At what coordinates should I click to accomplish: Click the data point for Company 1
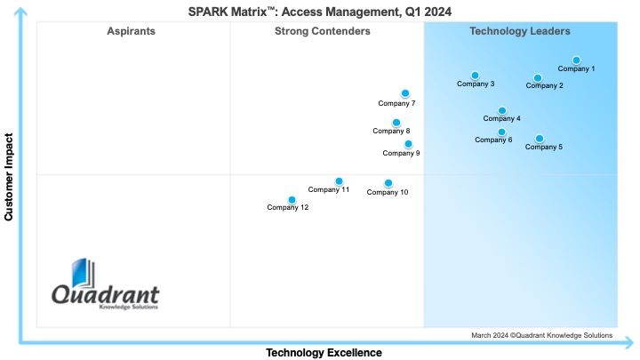point(576,60)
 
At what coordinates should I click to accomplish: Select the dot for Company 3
point(475,76)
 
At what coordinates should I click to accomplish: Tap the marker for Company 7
point(405,93)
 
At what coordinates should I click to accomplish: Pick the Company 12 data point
point(292,200)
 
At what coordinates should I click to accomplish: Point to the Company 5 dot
point(540,139)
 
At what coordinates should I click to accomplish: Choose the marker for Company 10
point(388,183)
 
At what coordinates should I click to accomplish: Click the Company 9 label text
point(401,154)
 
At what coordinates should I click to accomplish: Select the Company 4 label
point(501,118)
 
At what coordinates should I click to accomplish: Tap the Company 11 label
point(329,189)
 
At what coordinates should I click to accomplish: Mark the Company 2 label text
point(544,85)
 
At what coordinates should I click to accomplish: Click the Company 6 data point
point(501,132)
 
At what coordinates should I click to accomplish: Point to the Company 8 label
point(391,131)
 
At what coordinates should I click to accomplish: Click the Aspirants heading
point(131,31)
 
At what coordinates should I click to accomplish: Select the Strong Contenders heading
point(323,31)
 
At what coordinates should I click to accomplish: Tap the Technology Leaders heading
point(520,31)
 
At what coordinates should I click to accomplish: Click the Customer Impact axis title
point(9,177)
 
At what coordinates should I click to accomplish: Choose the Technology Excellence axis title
point(324,353)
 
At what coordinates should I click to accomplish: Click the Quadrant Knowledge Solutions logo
point(105,284)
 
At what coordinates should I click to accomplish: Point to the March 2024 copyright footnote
point(541,335)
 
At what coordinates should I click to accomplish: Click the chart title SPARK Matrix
point(320,12)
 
